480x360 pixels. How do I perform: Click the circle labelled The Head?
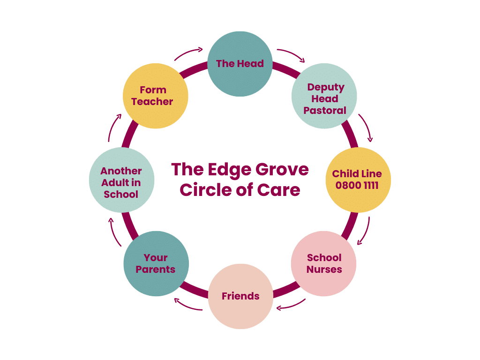pyautogui.click(x=240, y=64)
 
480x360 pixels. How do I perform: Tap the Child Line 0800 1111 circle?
pyautogui.click(x=358, y=180)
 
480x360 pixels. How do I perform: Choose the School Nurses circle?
pyautogui.click(x=324, y=263)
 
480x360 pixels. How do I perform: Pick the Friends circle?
pyautogui.click(x=240, y=296)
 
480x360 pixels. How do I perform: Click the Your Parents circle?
pyautogui.click(x=156, y=263)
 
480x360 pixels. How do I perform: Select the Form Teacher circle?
pyautogui.click(x=156, y=96)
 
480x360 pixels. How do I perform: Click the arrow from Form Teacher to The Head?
pyautogui.click(x=188, y=53)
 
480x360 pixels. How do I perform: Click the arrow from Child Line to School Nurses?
pyautogui.click(x=365, y=232)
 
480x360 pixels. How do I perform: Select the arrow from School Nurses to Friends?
pyautogui.click(x=291, y=305)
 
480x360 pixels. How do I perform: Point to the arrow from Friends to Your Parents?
pyautogui.click(x=188, y=305)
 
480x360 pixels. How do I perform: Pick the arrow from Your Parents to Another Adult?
pyautogui.click(x=113, y=232)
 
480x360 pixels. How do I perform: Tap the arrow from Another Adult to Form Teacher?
pyautogui.click(x=112, y=127)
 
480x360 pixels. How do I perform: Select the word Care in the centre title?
pyautogui.click(x=281, y=190)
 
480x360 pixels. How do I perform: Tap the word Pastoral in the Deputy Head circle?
pyautogui.click(x=324, y=111)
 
